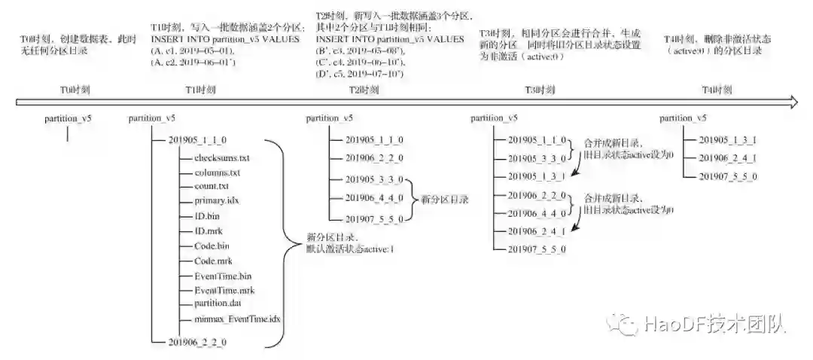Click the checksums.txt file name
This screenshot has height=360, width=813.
pos(221,158)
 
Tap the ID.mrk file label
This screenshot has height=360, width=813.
pos(208,231)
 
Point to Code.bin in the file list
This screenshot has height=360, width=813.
pos(212,246)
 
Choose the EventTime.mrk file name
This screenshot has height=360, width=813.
pos(224,290)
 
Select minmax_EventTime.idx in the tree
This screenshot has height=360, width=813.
pos(236,319)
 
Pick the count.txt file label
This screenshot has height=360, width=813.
pos(211,187)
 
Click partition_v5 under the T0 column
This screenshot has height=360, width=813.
pos(68,118)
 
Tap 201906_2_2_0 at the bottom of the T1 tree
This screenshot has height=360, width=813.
pos(197,343)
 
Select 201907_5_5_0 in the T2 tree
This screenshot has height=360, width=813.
pos(374,219)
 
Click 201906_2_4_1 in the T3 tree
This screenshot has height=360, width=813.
pos(537,231)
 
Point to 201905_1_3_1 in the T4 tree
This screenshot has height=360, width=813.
pos(728,140)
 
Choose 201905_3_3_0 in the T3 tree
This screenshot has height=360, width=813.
pos(537,158)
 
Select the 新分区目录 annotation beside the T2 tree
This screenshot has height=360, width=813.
pos(444,200)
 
